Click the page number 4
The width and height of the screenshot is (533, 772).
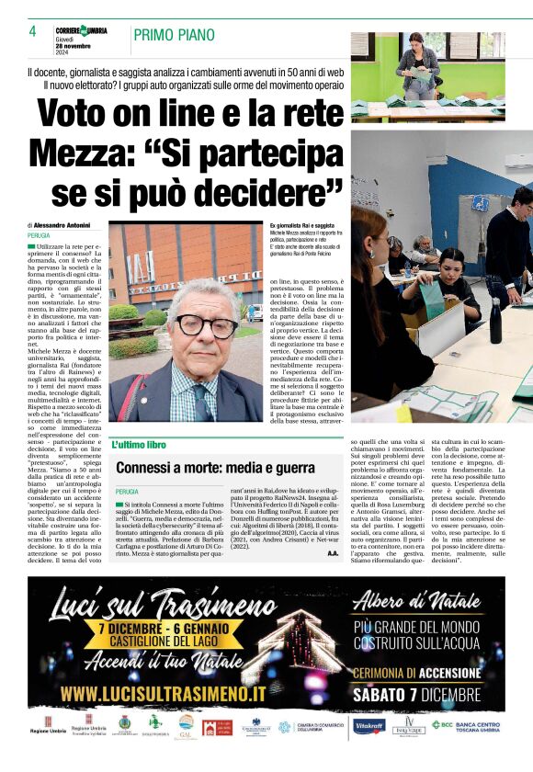click(32, 32)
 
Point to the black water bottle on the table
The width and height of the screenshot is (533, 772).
click(495, 317)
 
